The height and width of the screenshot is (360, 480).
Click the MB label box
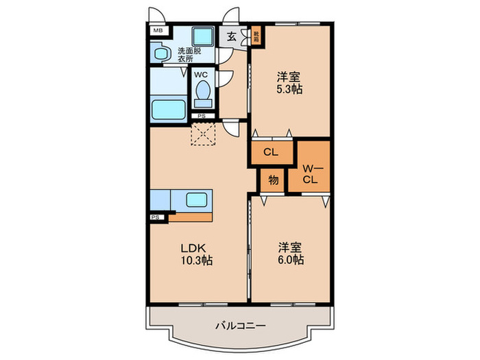pyautogui.click(x=158, y=30)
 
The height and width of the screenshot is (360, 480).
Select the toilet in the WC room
pyautogui.click(x=202, y=91)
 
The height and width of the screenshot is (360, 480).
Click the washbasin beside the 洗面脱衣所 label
pyautogui.click(x=162, y=53)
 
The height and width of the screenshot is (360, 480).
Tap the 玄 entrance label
pyautogui.click(x=232, y=37)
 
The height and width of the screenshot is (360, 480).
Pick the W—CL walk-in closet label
pyautogui.click(x=309, y=173)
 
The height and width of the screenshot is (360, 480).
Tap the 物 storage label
pyautogui.click(x=272, y=180)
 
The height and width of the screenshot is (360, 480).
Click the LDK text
pyautogui.click(x=193, y=248)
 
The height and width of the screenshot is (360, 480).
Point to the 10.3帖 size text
pyautogui.click(x=196, y=261)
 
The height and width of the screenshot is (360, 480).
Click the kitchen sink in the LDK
pyautogui.click(x=200, y=200)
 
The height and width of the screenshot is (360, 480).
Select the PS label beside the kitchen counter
pyautogui.click(x=155, y=218)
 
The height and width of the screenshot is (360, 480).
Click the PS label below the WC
pyautogui.click(x=201, y=116)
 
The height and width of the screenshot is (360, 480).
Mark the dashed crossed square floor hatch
pyautogui.click(x=203, y=134)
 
